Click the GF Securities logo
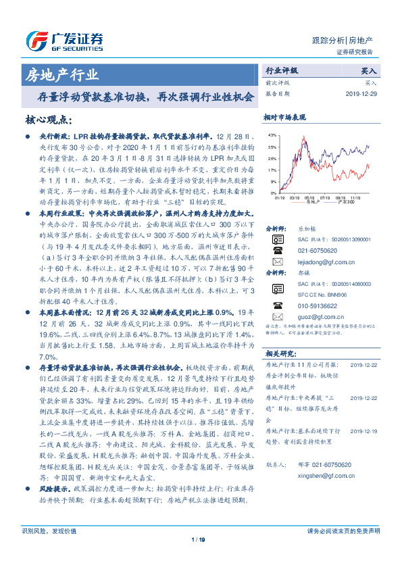64,41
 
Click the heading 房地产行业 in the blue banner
61,74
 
